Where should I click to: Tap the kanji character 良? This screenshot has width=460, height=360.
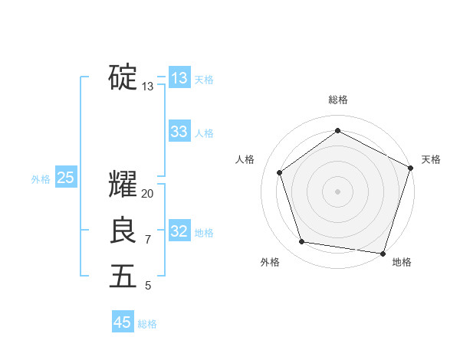click(123, 231)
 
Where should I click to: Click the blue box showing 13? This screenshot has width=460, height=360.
click(179, 78)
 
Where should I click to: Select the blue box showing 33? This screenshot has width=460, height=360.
click(179, 132)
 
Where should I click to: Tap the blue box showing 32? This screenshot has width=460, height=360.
click(179, 231)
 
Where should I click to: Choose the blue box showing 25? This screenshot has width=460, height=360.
click(65, 178)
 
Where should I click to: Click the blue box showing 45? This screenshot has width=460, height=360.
click(123, 322)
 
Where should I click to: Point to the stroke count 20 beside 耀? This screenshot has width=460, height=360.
click(148, 194)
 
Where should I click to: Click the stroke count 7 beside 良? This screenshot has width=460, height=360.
click(148, 240)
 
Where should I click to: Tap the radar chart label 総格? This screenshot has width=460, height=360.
click(337, 100)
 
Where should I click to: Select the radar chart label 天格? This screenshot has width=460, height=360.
click(431, 159)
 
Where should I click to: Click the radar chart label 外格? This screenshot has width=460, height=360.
click(269, 262)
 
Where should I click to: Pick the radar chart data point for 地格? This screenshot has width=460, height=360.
click(383, 253)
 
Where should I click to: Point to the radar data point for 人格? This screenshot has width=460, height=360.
click(280, 172)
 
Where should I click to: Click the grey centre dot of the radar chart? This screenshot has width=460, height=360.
click(337, 191)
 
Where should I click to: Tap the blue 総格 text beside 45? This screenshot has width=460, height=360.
click(147, 324)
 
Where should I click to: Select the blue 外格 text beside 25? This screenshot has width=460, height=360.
click(41, 179)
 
